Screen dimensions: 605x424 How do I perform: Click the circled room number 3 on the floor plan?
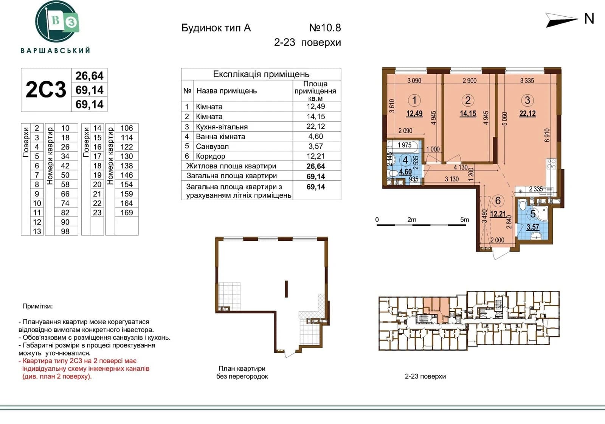[527, 100]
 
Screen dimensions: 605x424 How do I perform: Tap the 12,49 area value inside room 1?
[414, 114]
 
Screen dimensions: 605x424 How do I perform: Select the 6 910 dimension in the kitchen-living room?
[547, 135]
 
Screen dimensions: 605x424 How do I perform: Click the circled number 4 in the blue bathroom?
[405, 160]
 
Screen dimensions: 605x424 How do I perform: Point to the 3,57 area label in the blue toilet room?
[533, 228]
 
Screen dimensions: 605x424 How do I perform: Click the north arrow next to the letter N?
[561, 20]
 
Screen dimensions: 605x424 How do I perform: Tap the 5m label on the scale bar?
[465, 220]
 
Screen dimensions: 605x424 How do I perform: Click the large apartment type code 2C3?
[46, 89]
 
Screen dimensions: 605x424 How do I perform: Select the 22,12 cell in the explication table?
[315, 126]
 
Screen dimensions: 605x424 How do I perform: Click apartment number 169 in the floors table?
[126, 212]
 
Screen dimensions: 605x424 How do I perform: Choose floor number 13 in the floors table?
[37, 231]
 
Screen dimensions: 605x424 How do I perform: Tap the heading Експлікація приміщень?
[261, 74]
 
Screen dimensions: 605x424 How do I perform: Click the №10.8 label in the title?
[325, 28]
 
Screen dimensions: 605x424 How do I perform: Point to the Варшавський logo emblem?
[57, 22]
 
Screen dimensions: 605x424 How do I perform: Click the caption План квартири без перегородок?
[242, 373]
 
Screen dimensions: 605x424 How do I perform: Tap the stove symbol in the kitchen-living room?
[551, 164]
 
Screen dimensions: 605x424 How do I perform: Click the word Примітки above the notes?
[37, 306]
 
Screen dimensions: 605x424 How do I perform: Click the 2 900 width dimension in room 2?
[469, 80]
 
